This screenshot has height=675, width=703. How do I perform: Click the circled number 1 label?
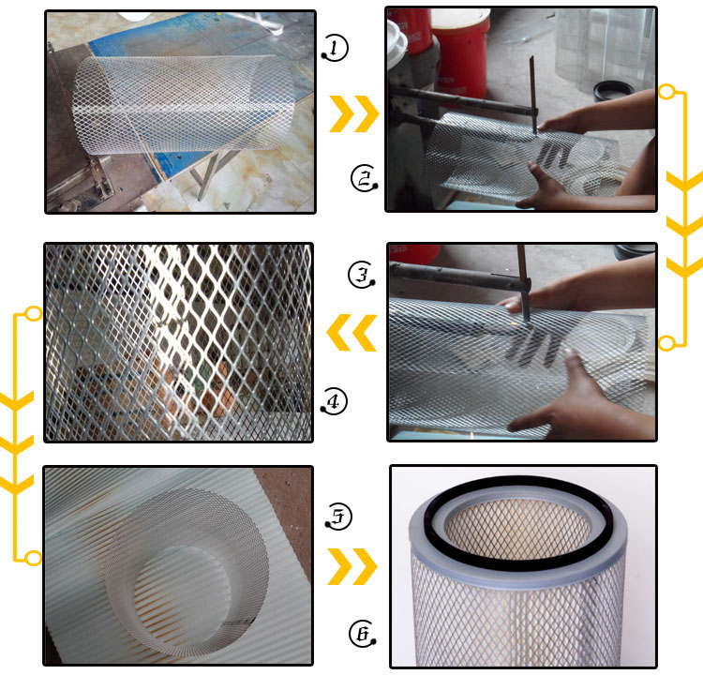click(335, 48)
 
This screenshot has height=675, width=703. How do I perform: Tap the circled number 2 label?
click(364, 178)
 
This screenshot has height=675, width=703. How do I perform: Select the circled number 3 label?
click(361, 275)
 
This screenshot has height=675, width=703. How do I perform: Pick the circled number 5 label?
click(338, 516)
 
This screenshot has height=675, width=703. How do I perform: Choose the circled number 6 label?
click(362, 634)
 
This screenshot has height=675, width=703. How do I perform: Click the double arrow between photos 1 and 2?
click(353, 114)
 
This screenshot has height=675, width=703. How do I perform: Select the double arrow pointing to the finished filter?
click(352, 566)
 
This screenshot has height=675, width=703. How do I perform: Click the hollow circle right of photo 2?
click(666, 92)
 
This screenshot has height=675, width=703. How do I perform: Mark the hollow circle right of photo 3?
click(666, 343)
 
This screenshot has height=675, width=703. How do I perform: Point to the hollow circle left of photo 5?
click(34, 558)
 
